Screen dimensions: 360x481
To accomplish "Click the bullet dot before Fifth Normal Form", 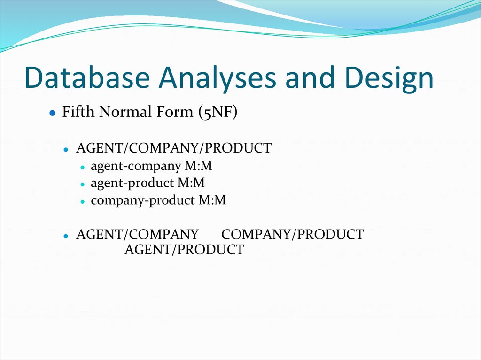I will pyautogui.click(x=53, y=113).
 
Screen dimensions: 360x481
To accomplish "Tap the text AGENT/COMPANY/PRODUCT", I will pyautogui.click(x=173, y=148).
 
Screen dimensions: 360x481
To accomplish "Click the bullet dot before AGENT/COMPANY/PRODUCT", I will pyautogui.click(x=67, y=149).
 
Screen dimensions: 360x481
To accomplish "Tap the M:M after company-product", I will pyautogui.click(x=212, y=200).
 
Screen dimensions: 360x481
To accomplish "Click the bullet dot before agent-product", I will pyautogui.click(x=82, y=184).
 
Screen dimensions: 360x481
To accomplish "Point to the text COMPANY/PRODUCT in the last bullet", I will pyautogui.click(x=292, y=234).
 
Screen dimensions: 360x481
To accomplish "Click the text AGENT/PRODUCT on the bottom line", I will pyautogui.click(x=184, y=250).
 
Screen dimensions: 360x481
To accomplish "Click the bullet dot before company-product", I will pyautogui.click(x=82, y=201).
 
